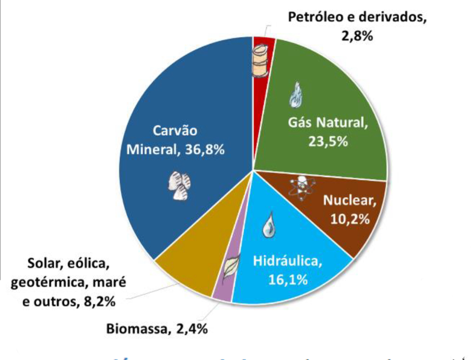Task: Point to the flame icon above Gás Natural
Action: click(x=295, y=95)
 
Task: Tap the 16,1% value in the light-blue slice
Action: click(x=288, y=280)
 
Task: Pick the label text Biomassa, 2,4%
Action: click(x=157, y=329)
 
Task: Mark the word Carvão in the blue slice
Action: click(x=175, y=131)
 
